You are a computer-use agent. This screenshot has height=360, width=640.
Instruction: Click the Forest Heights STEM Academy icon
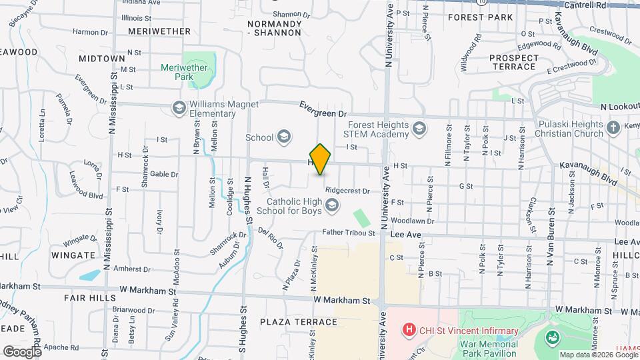point(419,128)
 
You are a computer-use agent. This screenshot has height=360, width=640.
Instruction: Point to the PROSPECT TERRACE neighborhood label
point(513,62)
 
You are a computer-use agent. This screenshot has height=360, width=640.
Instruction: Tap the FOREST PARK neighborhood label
point(480,17)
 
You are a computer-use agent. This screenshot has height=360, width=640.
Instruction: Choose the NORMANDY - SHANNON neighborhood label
point(274,28)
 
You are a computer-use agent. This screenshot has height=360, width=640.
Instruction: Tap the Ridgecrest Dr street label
point(348,191)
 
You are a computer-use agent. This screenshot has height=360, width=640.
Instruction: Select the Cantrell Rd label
point(584,5)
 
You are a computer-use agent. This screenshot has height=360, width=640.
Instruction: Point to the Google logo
point(21,351)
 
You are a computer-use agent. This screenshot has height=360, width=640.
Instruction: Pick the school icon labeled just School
point(284,137)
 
